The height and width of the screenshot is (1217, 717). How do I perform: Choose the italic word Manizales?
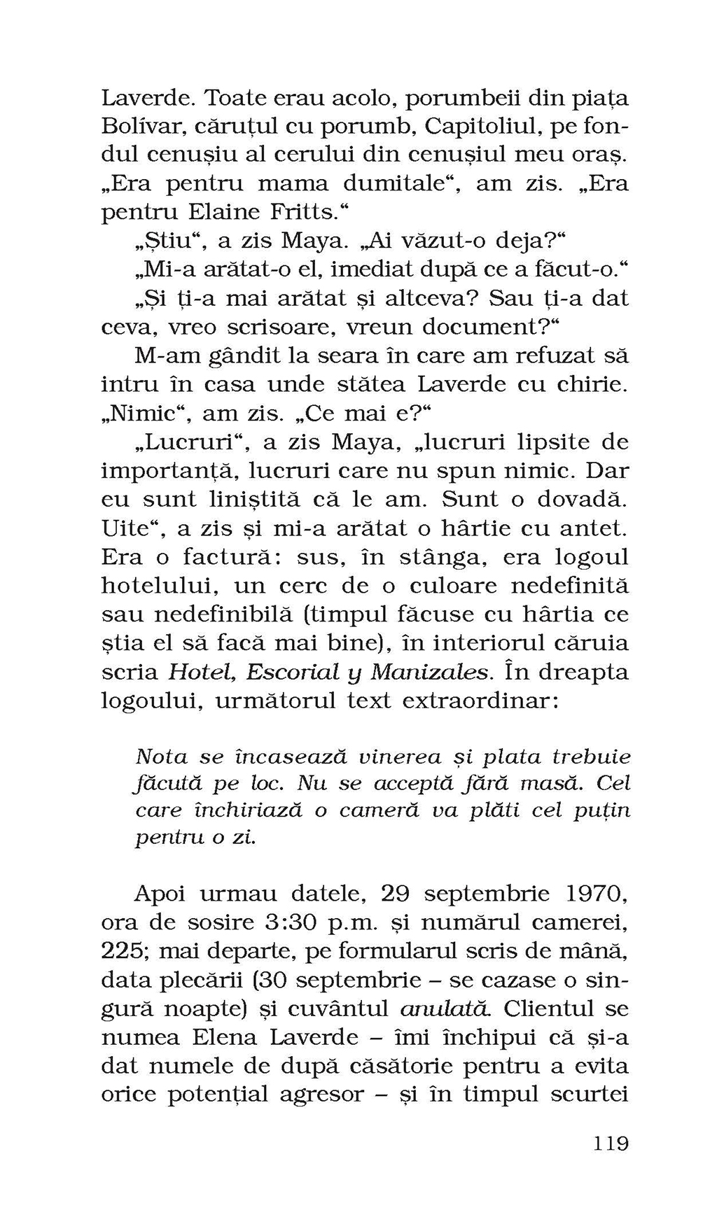click(x=429, y=673)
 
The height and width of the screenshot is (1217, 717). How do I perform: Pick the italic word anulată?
click(x=444, y=1009)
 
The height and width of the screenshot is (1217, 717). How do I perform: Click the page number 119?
click(x=611, y=1144)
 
